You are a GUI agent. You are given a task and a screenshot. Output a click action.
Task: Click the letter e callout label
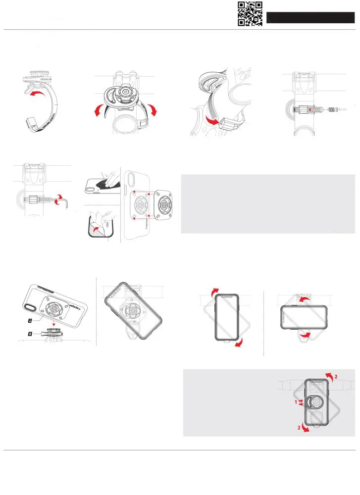click(x=31, y=321)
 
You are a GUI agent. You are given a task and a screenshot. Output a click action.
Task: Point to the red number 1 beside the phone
click(x=296, y=402)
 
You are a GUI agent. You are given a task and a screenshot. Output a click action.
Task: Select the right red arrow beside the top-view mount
click(x=154, y=110)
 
